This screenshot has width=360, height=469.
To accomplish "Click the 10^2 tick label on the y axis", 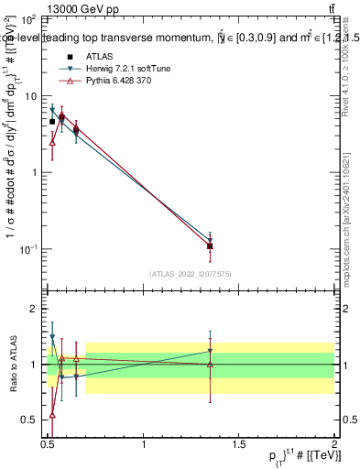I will click(28, 19).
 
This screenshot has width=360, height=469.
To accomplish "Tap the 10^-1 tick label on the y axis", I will click(28, 249).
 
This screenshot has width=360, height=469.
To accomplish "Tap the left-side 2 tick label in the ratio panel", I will click(33, 310).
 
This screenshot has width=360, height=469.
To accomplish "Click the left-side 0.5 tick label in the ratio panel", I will click(29, 420).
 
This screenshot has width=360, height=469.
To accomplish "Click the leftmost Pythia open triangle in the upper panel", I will click(52, 142).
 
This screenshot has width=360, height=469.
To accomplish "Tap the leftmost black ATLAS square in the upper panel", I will click(52, 121).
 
